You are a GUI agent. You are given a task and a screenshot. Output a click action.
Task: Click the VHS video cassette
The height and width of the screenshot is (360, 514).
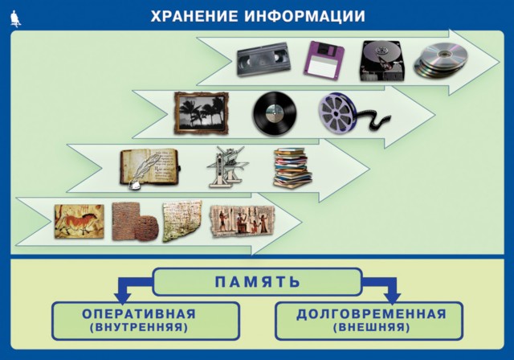(x=264, y=59)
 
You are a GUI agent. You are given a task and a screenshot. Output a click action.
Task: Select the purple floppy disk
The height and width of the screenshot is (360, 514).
(x=324, y=59)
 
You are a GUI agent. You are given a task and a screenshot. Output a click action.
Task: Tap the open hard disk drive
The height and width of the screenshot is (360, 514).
(x=382, y=61)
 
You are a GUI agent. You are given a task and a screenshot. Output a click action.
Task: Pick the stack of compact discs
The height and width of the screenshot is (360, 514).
(x=440, y=62)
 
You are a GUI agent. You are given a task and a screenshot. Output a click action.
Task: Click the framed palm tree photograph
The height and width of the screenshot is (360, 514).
(x=201, y=112)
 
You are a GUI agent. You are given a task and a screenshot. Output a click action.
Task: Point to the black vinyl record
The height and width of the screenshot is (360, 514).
(x=275, y=113)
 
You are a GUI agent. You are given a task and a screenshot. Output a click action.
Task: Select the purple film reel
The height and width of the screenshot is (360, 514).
(x=352, y=113)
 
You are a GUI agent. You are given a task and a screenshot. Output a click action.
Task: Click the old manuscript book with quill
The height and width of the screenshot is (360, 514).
(x=150, y=169)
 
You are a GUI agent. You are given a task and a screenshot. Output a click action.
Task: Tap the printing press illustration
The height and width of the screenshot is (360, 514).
(x=227, y=167)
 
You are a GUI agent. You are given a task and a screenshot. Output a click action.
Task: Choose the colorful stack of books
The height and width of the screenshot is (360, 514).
(x=292, y=168)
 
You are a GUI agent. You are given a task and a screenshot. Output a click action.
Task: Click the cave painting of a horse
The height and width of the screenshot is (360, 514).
(x=80, y=221)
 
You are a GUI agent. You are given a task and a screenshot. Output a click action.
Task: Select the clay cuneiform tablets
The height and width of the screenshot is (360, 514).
(x=135, y=221)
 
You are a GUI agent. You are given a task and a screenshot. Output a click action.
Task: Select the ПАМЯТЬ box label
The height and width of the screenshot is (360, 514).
(x=258, y=281)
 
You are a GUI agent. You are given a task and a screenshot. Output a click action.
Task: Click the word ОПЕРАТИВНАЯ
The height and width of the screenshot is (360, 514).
(x=139, y=313)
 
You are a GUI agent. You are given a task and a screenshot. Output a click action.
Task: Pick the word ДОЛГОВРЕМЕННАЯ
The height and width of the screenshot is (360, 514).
(x=371, y=313)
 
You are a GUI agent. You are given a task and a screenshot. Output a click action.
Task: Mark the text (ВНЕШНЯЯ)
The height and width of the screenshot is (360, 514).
(x=371, y=328)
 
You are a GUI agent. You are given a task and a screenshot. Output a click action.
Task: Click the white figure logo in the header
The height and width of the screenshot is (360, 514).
(x=15, y=18)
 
